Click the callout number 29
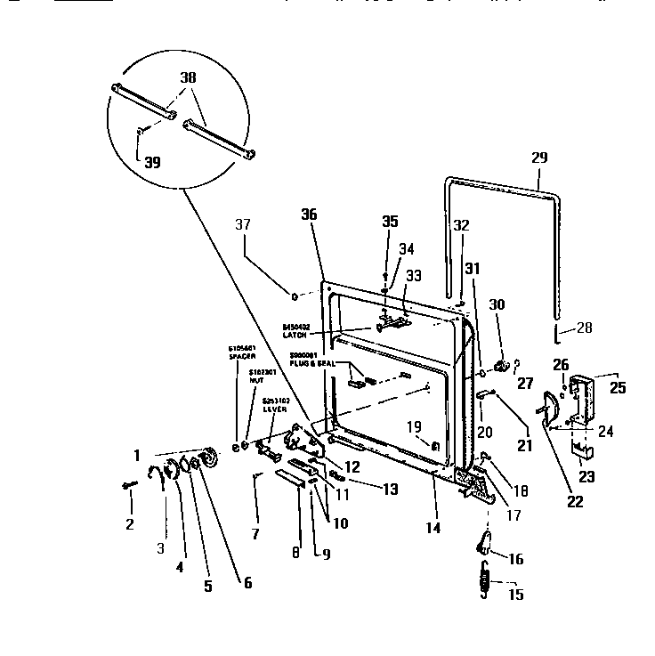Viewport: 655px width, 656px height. point(540,158)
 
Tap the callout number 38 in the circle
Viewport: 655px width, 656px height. point(189,77)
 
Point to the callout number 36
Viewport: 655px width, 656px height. point(309,215)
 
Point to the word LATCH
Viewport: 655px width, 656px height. point(295,335)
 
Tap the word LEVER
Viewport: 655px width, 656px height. point(274,409)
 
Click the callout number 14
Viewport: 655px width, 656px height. point(433,528)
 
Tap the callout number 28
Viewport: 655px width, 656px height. point(584,328)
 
